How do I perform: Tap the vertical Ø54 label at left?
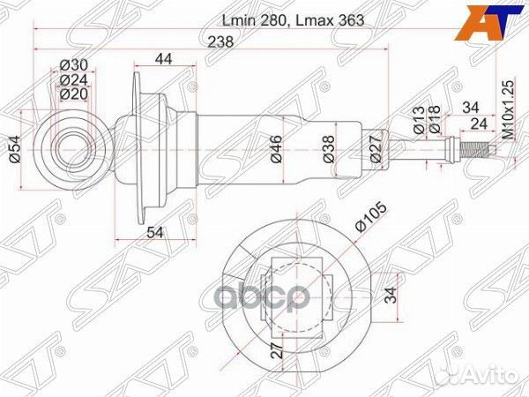click(15, 151)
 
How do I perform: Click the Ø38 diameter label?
click(328, 146)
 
